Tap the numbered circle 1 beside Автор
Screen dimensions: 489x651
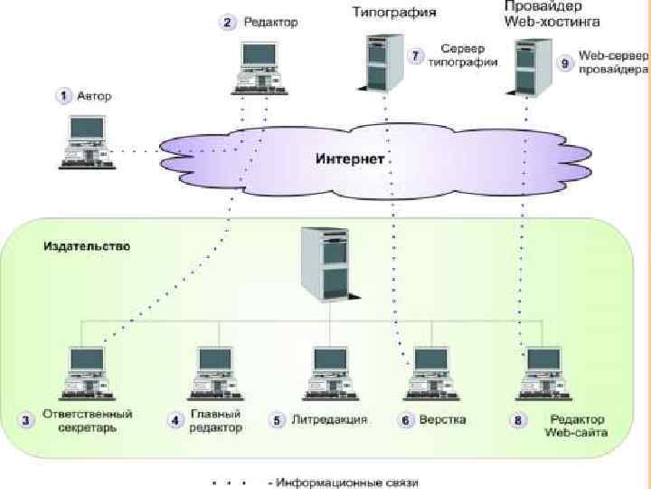[64, 93]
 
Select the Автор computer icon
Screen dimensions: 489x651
[86, 140]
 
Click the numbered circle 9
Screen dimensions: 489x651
[565, 63]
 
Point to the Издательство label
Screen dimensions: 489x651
[87, 245]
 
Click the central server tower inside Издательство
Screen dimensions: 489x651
[324, 263]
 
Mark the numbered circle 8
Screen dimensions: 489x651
[517, 421]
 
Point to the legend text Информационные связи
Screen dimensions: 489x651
[349, 483]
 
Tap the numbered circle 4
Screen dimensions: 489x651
[175, 420]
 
